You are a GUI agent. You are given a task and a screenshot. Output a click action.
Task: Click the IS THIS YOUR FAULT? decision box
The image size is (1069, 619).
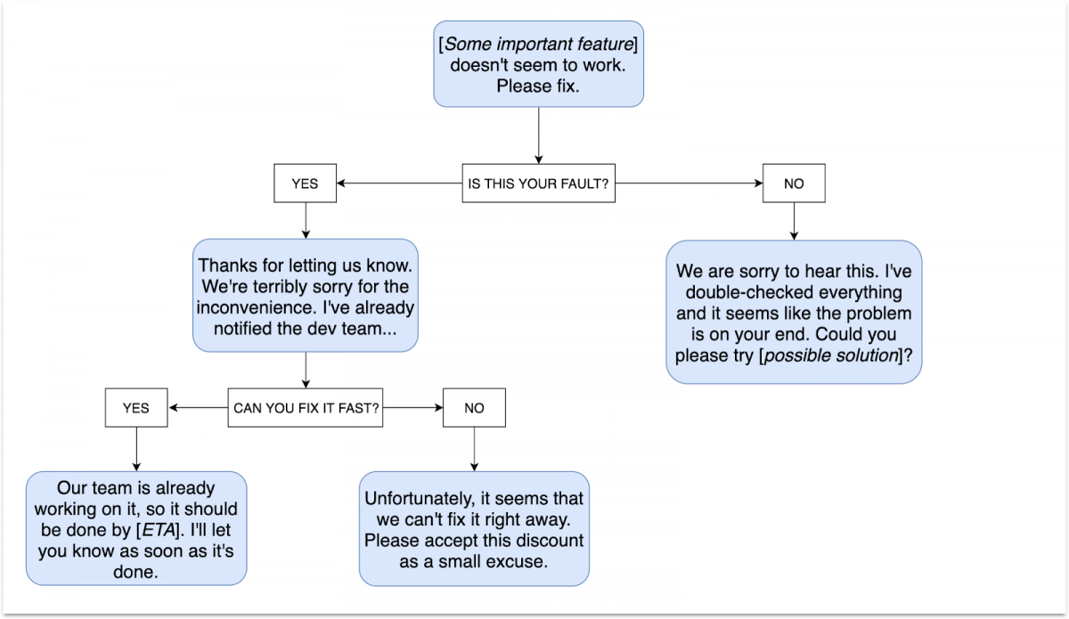[538, 183]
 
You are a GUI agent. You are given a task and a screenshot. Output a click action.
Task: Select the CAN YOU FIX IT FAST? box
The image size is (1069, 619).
[306, 408]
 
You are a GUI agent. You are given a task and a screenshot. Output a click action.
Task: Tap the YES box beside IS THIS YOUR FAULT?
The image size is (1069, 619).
[305, 183]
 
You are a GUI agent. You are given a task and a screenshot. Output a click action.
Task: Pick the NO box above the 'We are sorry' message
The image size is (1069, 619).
[793, 183]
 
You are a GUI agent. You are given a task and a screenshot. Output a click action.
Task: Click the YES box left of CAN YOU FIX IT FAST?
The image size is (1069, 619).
[135, 408]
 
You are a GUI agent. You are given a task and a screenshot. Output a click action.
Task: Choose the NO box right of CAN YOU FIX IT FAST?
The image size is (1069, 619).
[474, 408]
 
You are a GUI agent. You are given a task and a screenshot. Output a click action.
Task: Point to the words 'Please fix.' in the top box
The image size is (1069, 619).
[538, 87]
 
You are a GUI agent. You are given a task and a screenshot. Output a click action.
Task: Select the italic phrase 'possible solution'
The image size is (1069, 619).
[845, 354]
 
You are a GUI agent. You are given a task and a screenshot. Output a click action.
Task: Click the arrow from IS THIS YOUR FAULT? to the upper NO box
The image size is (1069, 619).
[686, 183]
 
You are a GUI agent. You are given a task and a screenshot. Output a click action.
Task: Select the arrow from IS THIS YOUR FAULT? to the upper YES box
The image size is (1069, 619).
[396, 183]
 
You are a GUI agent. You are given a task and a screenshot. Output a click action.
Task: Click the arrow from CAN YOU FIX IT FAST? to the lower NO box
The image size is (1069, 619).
[412, 408]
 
